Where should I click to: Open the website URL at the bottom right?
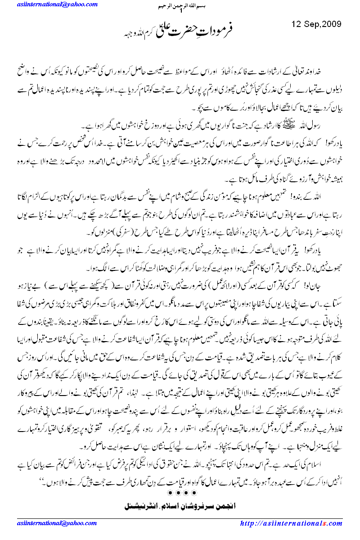pos(292,523)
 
